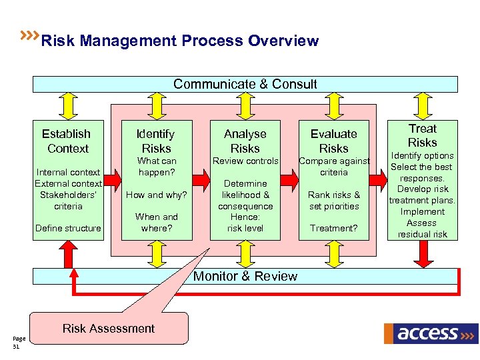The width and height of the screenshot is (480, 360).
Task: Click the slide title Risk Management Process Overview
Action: tap(179, 41)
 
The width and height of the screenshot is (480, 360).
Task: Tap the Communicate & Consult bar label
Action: tap(245, 84)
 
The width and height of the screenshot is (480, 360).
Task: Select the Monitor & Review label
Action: tap(245, 276)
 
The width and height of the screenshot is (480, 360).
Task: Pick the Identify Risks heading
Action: tap(156, 141)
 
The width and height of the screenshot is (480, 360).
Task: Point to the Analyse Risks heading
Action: tap(245, 141)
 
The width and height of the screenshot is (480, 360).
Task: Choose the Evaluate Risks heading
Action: tap(333, 141)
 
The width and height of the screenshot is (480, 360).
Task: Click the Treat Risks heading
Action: tap(423, 135)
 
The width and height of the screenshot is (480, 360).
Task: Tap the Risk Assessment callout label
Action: tap(108, 328)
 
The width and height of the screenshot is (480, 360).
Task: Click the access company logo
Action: tap(431, 333)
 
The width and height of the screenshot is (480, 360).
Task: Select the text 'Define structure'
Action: tap(68, 228)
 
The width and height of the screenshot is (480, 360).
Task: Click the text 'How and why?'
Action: tap(156, 195)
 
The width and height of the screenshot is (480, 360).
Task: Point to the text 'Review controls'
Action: tap(245, 161)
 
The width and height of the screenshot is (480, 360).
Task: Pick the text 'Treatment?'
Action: tap(333, 228)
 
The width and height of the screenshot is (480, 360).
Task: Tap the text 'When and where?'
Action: tap(156, 222)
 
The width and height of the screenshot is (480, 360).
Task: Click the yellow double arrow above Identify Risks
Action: tap(156, 104)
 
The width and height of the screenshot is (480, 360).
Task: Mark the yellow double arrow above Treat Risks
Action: tap(423, 104)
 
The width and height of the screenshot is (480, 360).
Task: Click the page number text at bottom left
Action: tap(17, 343)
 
